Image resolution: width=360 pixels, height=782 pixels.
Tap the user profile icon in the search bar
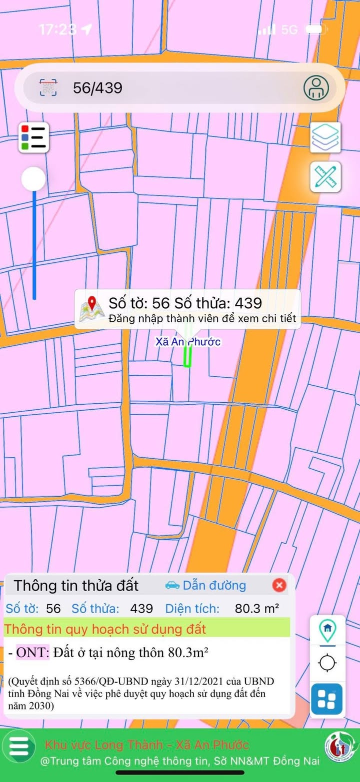[x=316, y=88]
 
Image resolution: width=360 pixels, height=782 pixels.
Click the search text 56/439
[x=97, y=88]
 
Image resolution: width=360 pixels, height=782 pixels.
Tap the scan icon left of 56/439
[x=48, y=88]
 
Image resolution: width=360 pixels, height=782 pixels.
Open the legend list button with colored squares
[x=34, y=137]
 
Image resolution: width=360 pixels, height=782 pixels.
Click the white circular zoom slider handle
[x=33, y=179]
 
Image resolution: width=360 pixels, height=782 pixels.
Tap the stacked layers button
[x=325, y=137]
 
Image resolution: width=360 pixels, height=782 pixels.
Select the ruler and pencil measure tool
[x=325, y=177]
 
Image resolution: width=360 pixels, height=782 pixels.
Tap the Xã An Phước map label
[x=188, y=342]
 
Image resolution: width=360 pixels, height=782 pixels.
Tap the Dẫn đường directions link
[x=205, y=585]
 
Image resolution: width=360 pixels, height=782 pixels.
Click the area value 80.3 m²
[x=256, y=609]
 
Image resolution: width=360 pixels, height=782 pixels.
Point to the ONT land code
[x=32, y=653]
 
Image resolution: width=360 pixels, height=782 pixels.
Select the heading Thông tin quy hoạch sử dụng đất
[x=105, y=629]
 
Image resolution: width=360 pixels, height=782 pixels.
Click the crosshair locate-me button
[x=327, y=664]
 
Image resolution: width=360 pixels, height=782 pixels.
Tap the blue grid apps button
[x=327, y=699]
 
